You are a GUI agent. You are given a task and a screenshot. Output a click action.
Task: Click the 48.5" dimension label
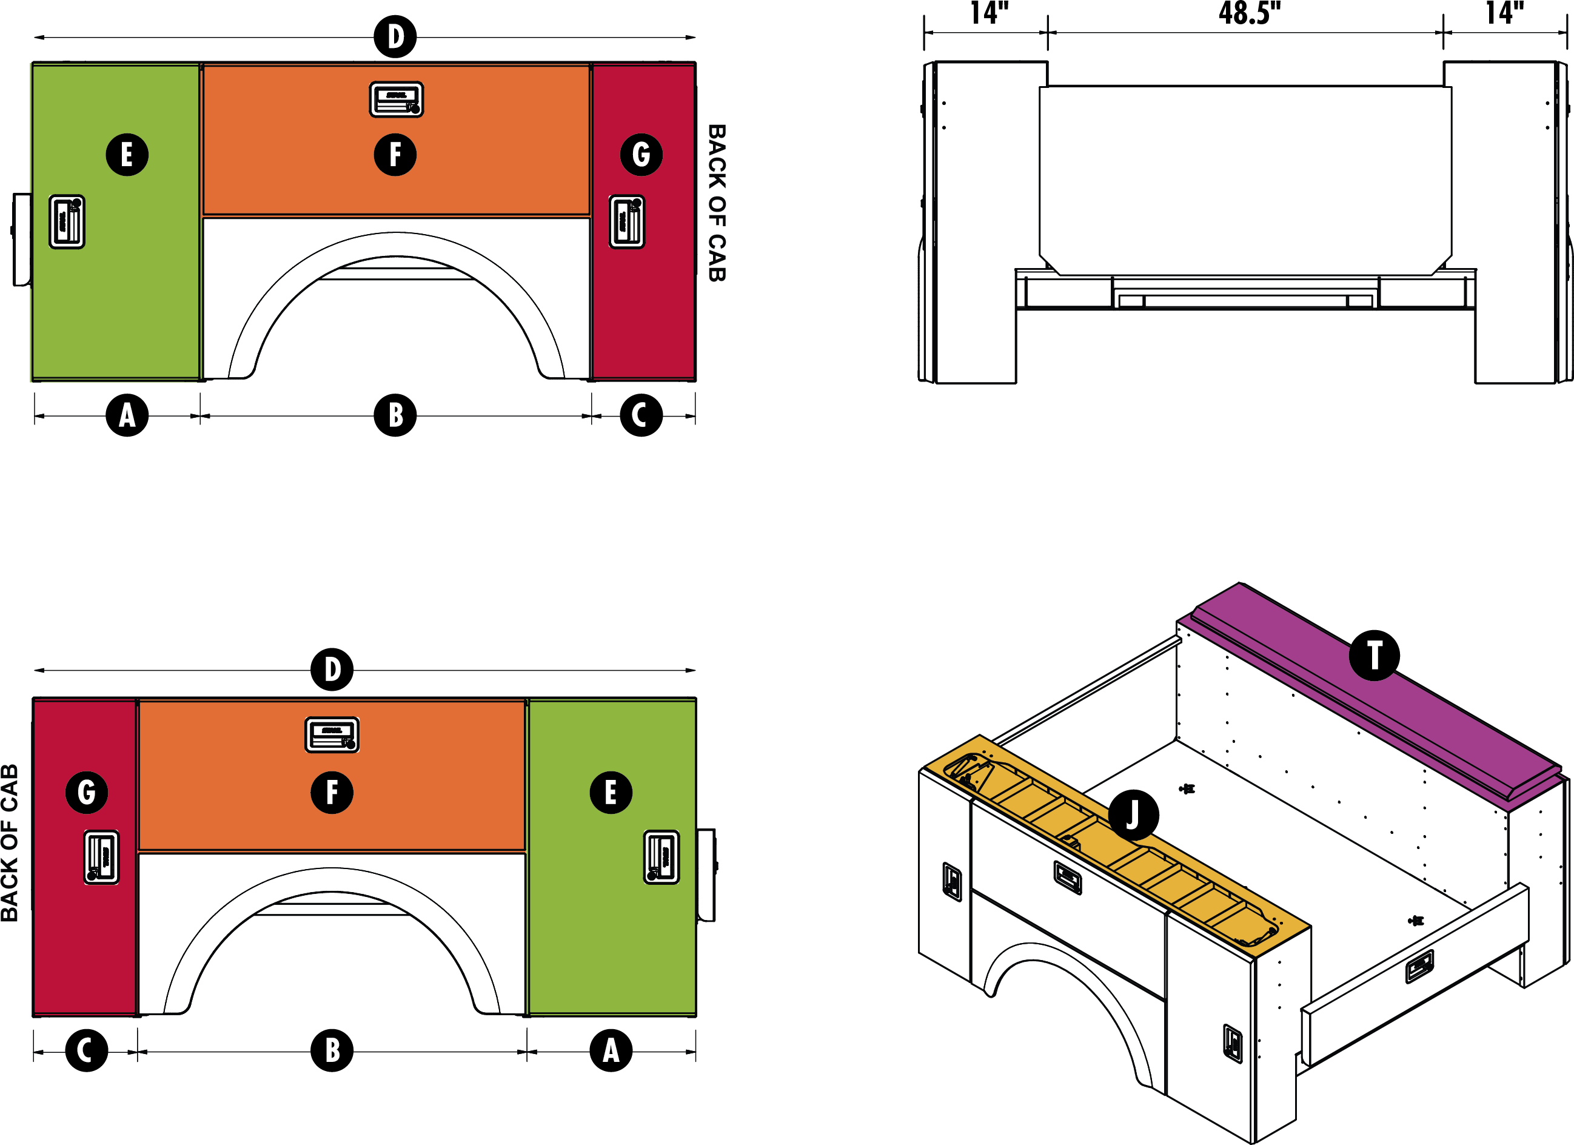[x=1249, y=13]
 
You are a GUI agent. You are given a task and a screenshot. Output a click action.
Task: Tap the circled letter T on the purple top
[x=1374, y=656]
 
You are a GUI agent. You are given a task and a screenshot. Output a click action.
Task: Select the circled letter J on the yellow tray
[x=1133, y=815]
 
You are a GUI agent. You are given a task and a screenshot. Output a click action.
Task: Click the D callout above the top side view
[x=395, y=37]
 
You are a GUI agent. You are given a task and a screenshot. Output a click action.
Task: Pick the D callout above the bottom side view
[x=332, y=670]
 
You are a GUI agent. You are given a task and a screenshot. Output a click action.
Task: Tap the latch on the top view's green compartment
[x=67, y=221]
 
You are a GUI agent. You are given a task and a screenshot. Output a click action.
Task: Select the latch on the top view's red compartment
[x=627, y=221]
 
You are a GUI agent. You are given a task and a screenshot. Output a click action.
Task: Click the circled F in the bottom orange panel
[x=332, y=792]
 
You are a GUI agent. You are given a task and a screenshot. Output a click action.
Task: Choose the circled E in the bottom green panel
[x=611, y=792]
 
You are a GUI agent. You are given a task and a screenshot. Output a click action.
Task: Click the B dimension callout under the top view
[x=395, y=415]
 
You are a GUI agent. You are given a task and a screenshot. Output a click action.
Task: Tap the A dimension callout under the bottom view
[x=611, y=1050]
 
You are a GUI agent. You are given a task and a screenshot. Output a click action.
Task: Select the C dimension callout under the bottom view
[x=87, y=1050]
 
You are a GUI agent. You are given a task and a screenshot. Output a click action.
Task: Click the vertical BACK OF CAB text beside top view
[x=716, y=203]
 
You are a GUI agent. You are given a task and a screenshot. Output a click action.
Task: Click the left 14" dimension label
[x=989, y=13]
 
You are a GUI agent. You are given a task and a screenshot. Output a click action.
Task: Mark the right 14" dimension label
[x=1505, y=13]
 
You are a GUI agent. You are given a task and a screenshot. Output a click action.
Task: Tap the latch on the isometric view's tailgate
[x=1419, y=967]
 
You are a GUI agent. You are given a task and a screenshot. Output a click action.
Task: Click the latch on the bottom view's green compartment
[x=661, y=857]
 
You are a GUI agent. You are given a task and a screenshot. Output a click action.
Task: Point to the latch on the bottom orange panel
[x=332, y=734]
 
